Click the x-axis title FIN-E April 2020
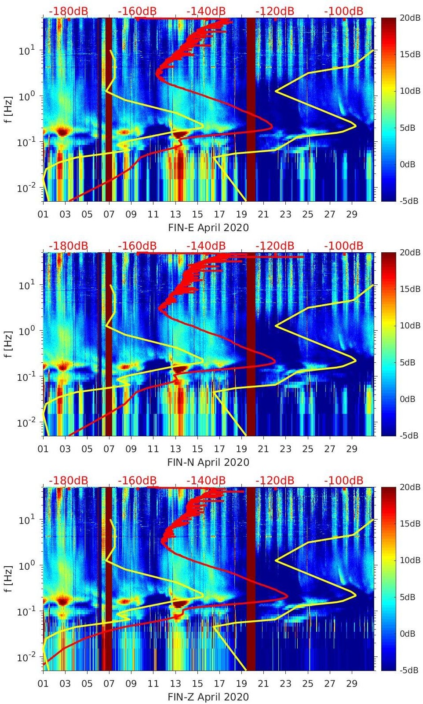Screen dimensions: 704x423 tap(208, 228)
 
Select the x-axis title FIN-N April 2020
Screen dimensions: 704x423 tap(208, 462)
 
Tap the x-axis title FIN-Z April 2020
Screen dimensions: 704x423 tap(208, 697)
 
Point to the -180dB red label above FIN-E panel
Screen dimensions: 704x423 tap(68, 11)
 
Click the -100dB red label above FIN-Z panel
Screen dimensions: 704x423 tap(343, 480)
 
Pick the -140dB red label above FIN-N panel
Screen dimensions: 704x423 tap(206, 246)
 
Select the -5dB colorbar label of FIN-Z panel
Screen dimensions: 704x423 tap(409, 671)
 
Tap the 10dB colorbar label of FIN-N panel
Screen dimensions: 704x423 tap(409, 325)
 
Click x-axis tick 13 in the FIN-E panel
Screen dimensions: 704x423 tap(175, 214)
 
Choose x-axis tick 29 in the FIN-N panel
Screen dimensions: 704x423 tap(352, 449)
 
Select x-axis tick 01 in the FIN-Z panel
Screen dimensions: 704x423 tap(43, 684)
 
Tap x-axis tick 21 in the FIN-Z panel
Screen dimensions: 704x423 tap(263, 684)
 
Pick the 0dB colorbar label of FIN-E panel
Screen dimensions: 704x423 tap(409, 164)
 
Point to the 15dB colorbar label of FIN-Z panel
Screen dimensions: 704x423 tap(409, 523)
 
